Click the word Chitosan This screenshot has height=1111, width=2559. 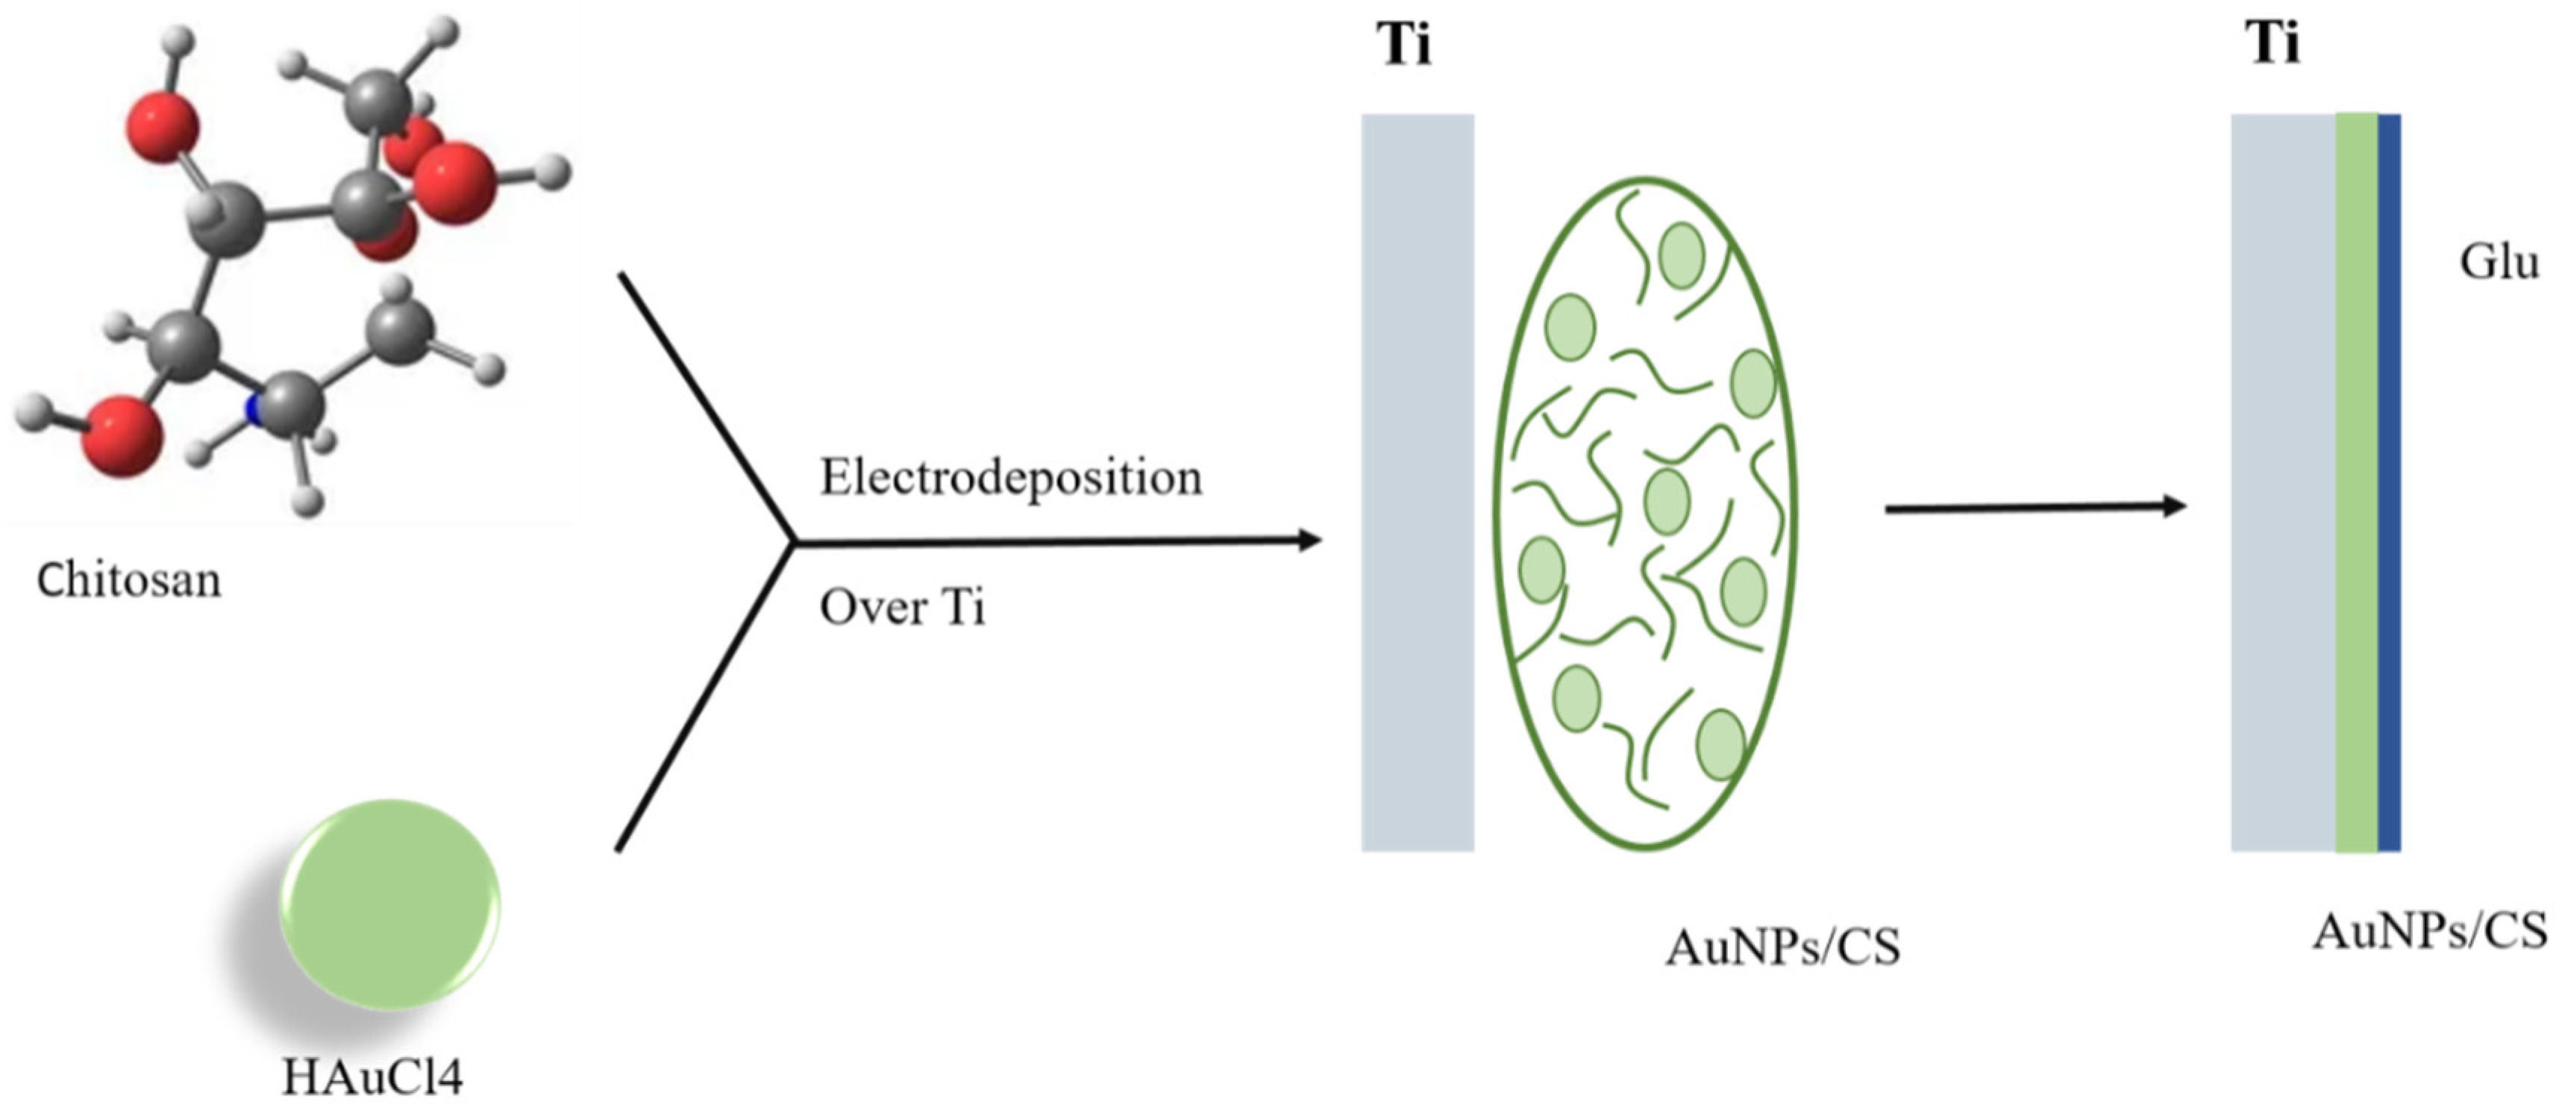tap(129, 579)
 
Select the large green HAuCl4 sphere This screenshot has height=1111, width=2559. tap(389, 904)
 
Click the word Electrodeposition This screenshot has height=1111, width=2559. tap(1010, 478)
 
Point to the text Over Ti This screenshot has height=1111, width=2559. tap(902, 607)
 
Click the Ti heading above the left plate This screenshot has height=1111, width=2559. tap(1403, 45)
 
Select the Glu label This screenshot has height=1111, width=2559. tap(2499, 262)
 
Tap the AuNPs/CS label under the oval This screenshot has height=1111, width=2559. tap(1783, 947)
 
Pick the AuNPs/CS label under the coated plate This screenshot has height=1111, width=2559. tap(2430, 932)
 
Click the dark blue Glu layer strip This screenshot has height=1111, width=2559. tap(2389, 482)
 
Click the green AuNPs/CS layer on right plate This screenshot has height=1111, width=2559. tap(2355, 482)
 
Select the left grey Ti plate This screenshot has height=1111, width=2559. tap(1418, 482)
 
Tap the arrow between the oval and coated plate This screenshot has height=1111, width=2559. tap(2037, 508)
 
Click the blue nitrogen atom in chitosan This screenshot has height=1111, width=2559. tap(254, 408)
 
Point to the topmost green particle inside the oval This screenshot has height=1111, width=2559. tap(1682, 256)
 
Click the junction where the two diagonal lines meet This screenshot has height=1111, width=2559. tap(793, 543)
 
